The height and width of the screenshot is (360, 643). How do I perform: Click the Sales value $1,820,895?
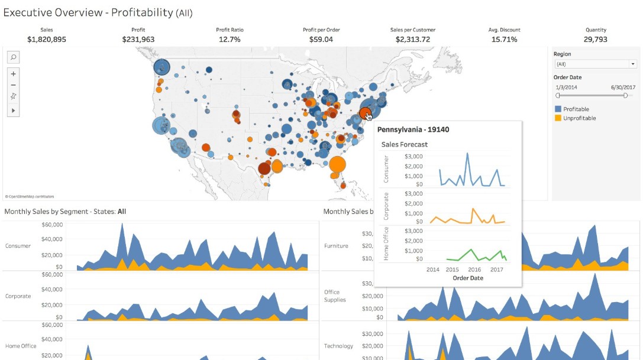pyautogui.click(x=47, y=40)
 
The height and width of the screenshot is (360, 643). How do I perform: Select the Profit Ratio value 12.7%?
pyautogui.click(x=230, y=40)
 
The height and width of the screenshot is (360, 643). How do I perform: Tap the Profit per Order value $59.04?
pyautogui.click(x=321, y=40)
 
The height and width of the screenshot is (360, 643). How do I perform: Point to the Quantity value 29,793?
pyautogui.click(x=596, y=40)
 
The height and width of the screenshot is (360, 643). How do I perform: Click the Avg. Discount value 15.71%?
pyautogui.click(x=504, y=40)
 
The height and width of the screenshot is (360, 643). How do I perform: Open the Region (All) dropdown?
pyautogui.click(x=595, y=64)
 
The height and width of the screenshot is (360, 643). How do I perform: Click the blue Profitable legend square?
pyautogui.click(x=558, y=109)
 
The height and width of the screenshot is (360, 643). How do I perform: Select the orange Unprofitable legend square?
pyautogui.click(x=558, y=118)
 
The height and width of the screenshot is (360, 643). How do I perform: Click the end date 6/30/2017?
pyautogui.click(x=623, y=87)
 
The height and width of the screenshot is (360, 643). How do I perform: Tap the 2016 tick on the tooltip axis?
pyautogui.click(x=474, y=270)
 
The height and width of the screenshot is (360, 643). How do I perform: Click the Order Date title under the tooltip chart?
pyautogui.click(x=467, y=278)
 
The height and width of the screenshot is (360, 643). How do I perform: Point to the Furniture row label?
pyautogui.click(x=336, y=246)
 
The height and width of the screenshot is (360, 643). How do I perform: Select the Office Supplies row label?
pyautogui.click(x=332, y=296)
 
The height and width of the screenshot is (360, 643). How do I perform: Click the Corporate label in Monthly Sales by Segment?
pyautogui.click(x=18, y=296)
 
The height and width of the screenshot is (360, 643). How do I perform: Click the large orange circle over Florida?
pyautogui.click(x=337, y=164)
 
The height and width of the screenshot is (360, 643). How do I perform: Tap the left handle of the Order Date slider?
pyautogui.click(x=558, y=95)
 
